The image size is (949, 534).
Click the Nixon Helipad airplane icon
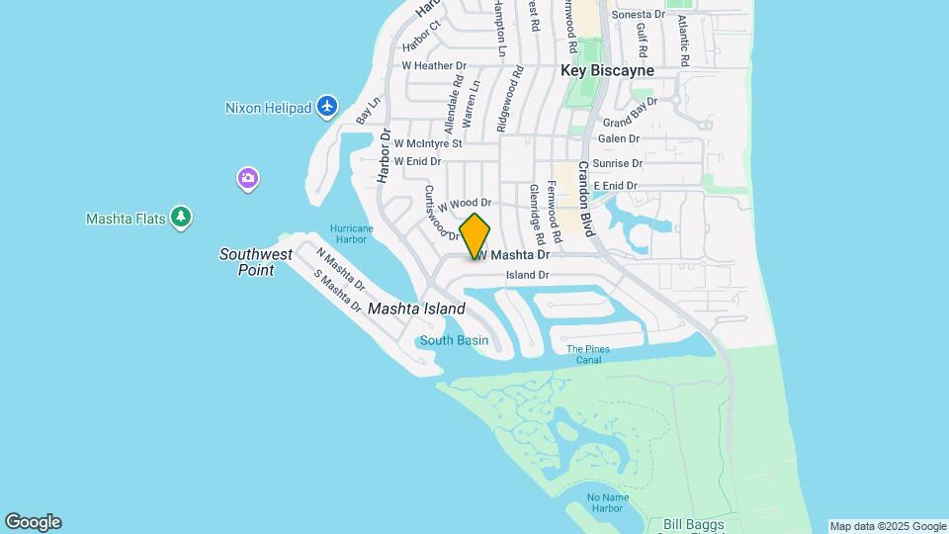click(328, 107)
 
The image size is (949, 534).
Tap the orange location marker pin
click(474, 235)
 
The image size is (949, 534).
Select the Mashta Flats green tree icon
click(180, 218)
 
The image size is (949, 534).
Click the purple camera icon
click(248, 179)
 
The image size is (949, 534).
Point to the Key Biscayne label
click(607, 71)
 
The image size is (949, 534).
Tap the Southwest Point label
click(256, 262)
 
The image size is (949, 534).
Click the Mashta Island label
click(416, 309)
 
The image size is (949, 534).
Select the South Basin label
click(454, 341)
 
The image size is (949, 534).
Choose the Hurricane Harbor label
click(351, 233)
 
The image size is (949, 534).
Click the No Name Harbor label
click(605, 503)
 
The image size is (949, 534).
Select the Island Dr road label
click(527, 275)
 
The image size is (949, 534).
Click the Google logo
click(33, 522)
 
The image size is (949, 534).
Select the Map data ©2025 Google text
click(888, 526)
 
